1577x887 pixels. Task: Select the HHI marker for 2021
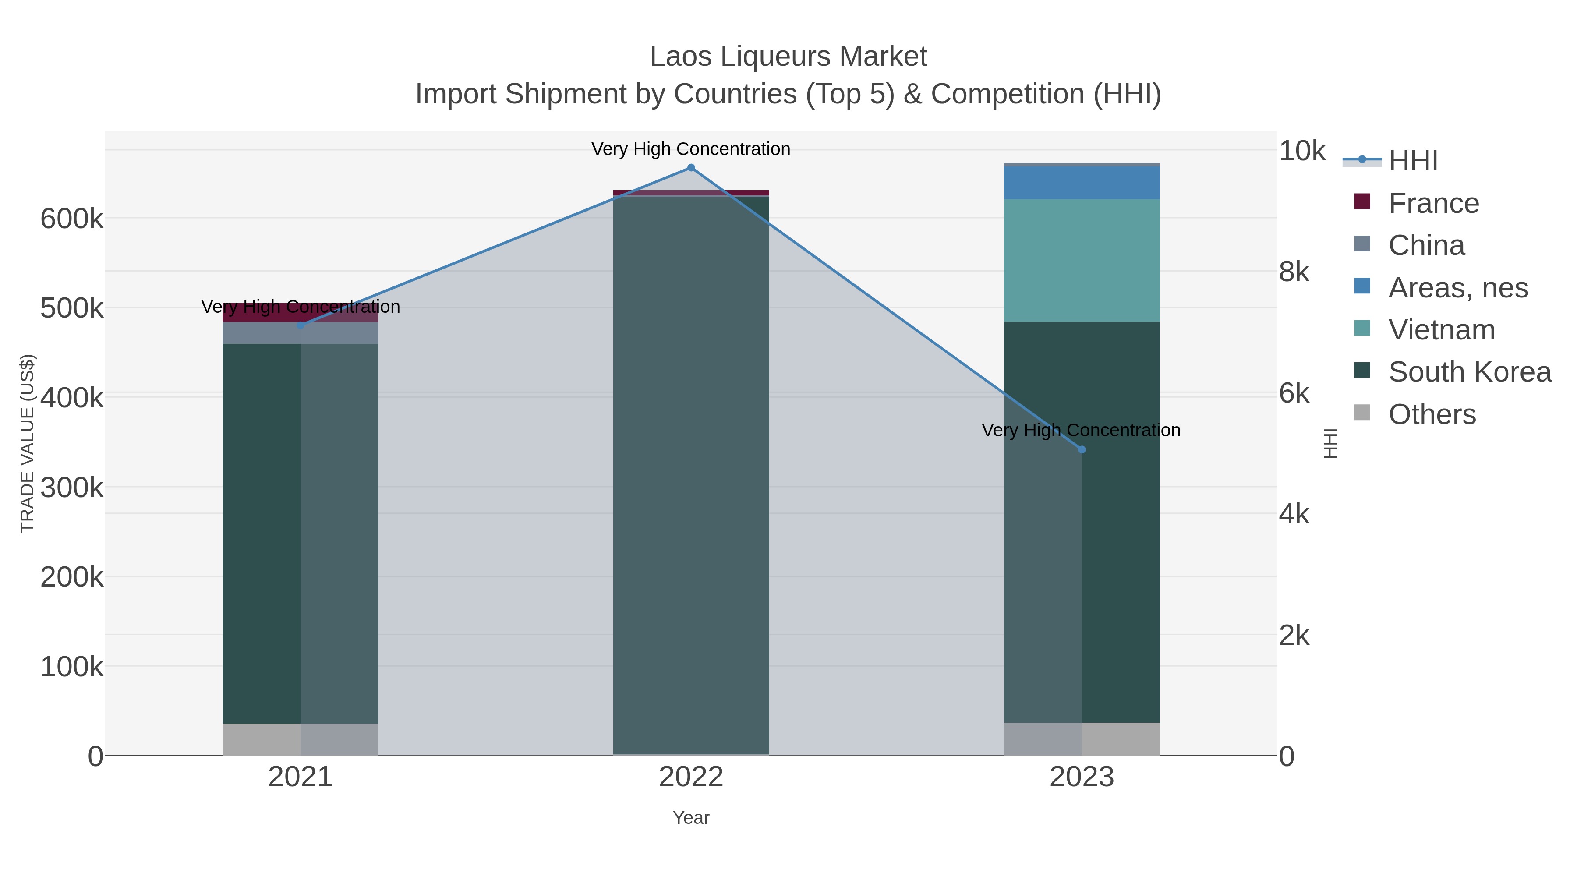point(301,325)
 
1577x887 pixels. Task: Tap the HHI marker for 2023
point(1081,449)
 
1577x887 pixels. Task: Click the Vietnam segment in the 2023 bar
point(1081,260)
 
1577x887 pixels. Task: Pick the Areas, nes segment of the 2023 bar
point(1081,182)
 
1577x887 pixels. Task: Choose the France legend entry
point(1433,203)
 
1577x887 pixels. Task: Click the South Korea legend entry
point(1469,372)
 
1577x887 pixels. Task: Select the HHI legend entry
point(1412,161)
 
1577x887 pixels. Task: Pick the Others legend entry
point(1431,414)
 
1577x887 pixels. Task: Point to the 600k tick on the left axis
point(72,219)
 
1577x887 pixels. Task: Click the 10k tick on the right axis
point(1301,151)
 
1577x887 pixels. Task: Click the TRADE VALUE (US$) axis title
point(28,443)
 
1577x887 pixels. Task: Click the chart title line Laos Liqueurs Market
point(788,57)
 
